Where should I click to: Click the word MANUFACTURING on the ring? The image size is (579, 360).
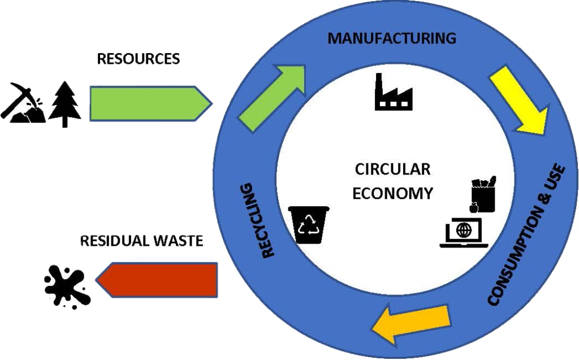tap(392, 38)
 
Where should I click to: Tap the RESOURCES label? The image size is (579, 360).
tap(139, 59)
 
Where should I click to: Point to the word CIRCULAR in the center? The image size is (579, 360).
tap(392, 170)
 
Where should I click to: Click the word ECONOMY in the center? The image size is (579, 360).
tap(392, 193)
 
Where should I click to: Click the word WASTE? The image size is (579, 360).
tap(178, 241)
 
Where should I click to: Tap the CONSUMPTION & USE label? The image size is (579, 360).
tap(526, 235)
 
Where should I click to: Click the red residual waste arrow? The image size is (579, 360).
tap(157, 280)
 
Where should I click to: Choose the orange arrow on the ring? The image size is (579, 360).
tap(411, 323)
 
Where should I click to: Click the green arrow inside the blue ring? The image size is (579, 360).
tap(271, 98)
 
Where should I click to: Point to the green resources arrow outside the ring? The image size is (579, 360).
tap(151, 103)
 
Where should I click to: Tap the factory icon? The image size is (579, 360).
tap(394, 92)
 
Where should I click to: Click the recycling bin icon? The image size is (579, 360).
tap(309, 225)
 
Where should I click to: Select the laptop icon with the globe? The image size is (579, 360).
tap(464, 233)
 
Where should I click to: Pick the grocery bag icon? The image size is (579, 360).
tap(483, 194)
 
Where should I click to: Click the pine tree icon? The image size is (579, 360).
tap(65, 104)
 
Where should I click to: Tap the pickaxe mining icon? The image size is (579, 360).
tap(23, 102)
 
